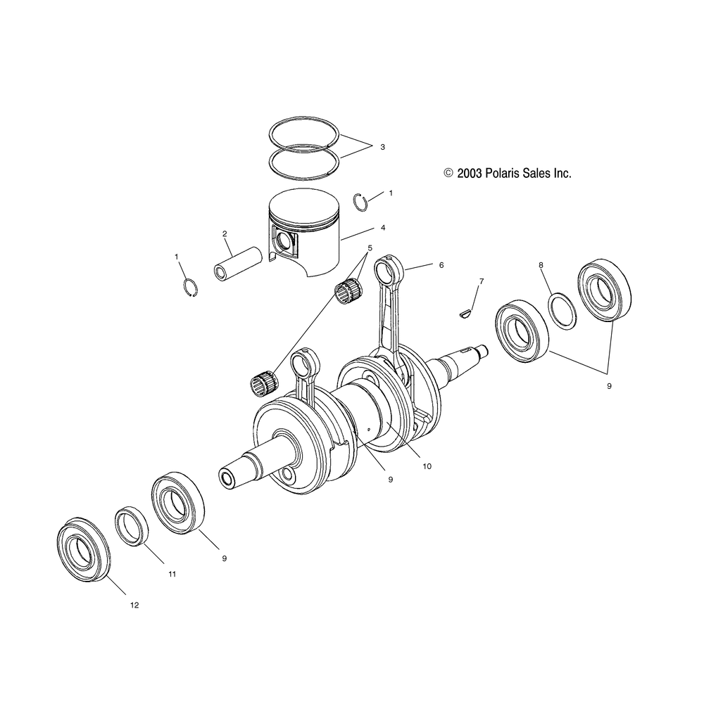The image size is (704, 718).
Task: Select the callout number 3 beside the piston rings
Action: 382,148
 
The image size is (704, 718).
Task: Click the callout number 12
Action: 134,605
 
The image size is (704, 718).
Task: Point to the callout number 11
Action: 172,574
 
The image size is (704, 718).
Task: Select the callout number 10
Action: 427,466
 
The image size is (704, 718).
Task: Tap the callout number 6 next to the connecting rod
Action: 441,266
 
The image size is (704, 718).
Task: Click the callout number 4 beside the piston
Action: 382,228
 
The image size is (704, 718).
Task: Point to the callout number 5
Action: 370,248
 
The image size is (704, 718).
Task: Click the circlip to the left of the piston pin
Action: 188,288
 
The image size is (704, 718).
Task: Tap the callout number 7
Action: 482,281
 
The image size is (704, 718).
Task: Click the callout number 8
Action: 541,265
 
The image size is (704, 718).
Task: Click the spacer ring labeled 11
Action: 132,526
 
